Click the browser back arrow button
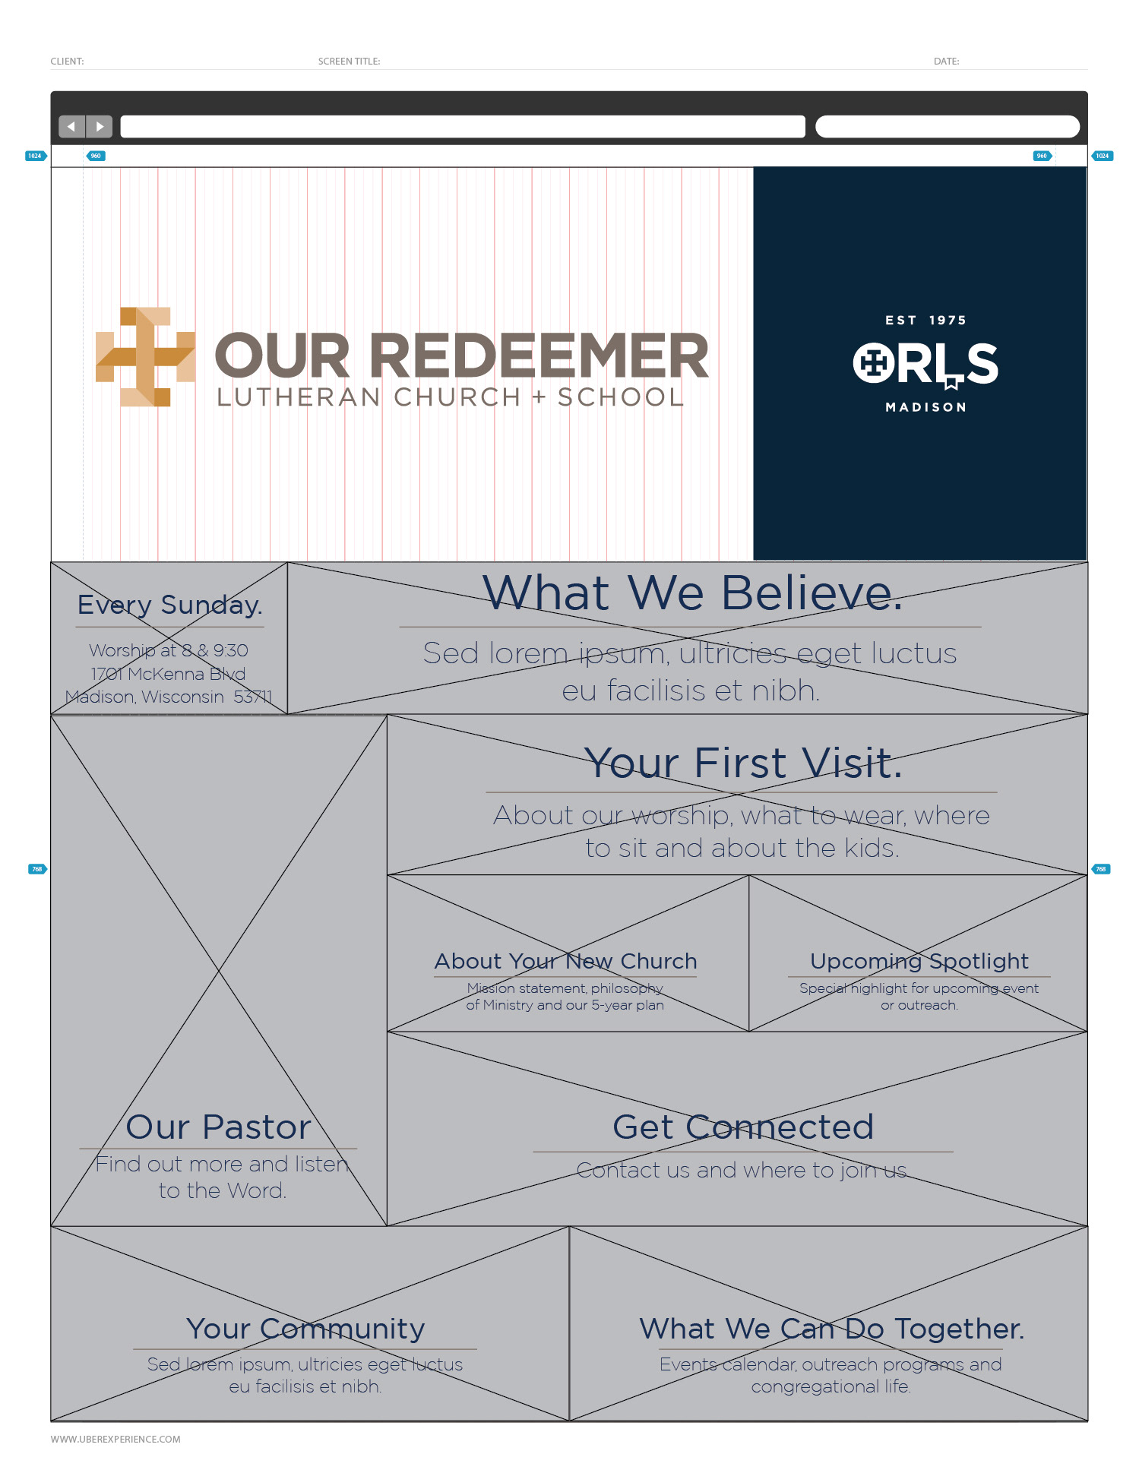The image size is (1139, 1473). point(71,126)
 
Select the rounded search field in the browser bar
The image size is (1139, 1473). point(947,126)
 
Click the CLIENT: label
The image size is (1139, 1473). point(67,62)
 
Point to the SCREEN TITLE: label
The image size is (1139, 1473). point(349,62)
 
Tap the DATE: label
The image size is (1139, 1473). point(946,62)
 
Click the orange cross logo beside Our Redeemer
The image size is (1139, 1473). point(145,356)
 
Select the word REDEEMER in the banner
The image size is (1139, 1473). point(539,356)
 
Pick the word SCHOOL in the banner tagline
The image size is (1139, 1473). point(621,397)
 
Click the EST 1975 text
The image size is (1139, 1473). point(925,321)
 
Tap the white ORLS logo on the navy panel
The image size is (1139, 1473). point(925,365)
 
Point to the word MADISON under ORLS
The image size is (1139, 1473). point(925,407)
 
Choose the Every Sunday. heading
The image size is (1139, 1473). point(169,605)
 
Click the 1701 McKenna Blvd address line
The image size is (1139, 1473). point(168,674)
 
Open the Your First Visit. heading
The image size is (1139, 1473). point(742,763)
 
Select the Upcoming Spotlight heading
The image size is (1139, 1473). point(919,961)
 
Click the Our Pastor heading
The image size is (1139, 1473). point(219,1127)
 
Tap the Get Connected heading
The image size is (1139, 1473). point(742,1127)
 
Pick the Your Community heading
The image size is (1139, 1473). point(305,1329)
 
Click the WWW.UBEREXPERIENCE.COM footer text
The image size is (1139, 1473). point(115,1439)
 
